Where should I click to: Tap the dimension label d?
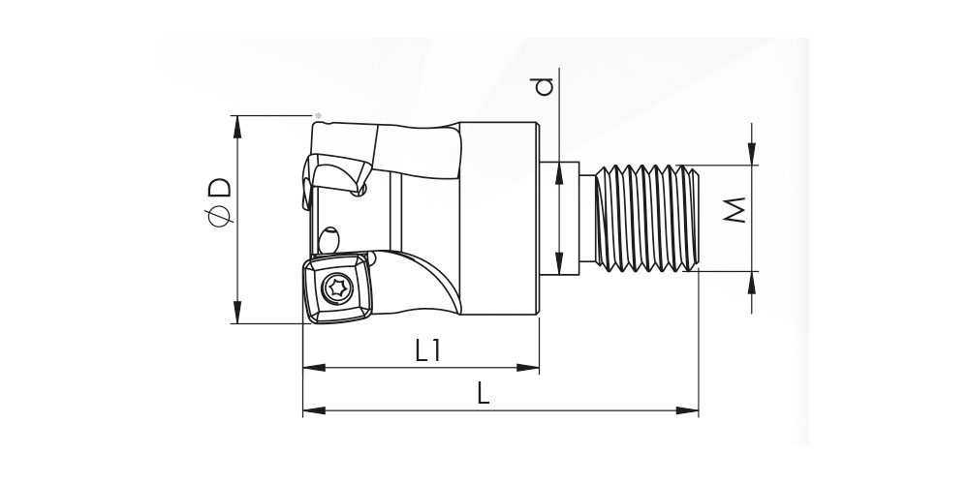pos(544,86)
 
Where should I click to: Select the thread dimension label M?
pos(735,210)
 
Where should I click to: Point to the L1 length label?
pos(427,351)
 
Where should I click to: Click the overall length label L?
pos(484,393)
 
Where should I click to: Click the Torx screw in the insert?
pos(338,287)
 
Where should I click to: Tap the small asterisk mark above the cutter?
pos(318,115)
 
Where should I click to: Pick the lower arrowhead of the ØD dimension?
pos(237,312)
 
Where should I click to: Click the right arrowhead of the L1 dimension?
pos(528,368)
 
